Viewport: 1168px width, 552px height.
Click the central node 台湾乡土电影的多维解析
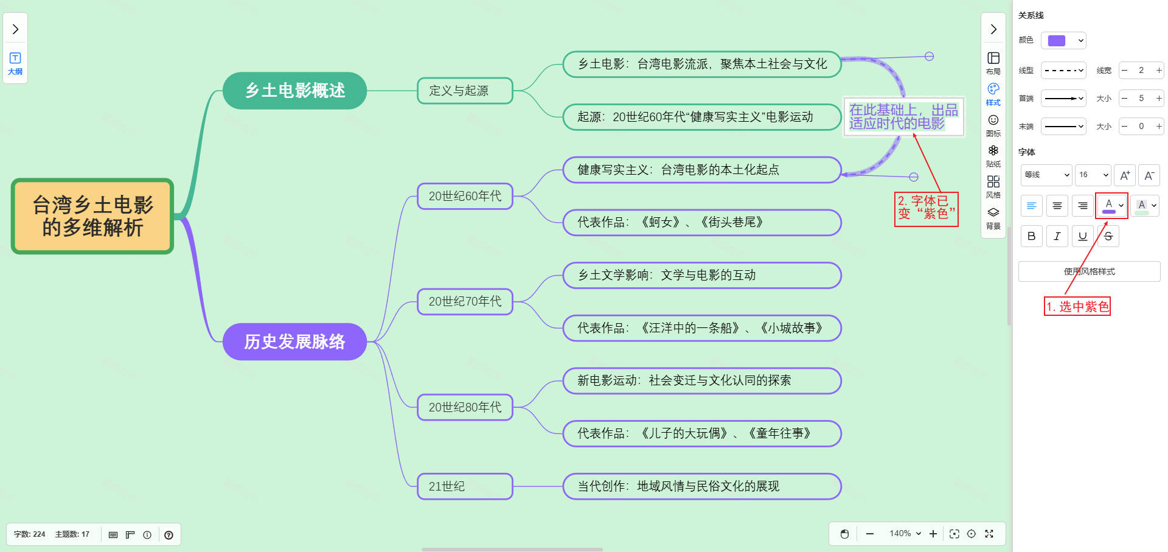pyautogui.click(x=92, y=216)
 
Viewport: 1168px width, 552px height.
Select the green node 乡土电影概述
pyautogui.click(x=294, y=91)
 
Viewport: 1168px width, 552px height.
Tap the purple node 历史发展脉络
pyautogui.click(x=294, y=341)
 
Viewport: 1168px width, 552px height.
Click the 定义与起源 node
pyautogui.click(x=465, y=91)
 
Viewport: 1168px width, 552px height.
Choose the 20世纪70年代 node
pyautogui.click(x=465, y=301)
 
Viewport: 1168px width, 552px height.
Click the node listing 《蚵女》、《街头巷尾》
pyautogui.click(x=701, y=222)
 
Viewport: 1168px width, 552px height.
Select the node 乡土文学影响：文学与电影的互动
pyautogui.click(x=701, y=275)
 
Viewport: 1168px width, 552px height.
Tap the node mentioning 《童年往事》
pyautogui.click(x=701, y=433)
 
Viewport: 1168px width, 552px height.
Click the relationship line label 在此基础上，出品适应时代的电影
pyautogui.click(x=903, y=116)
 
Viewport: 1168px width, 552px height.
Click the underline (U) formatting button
pyautogui.click(x=1082, y=236)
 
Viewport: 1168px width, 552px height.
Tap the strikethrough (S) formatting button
pyautogui.click(x=1108, y=236)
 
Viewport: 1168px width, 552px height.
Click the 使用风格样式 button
pyautogui.click(x=1089, y=271)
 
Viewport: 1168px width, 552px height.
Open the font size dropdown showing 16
pyautogui.click(x=1093, y=175)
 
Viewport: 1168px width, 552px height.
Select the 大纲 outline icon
pyautogui.click(x=15, y=63)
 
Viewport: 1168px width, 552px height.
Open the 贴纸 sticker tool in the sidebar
pyautogui.click(x=993, y=155)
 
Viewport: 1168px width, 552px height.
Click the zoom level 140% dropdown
pyautogui.click(x=905, y=534)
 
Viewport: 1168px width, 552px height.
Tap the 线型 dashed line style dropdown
pyautogui.click(x=1063, y=71)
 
